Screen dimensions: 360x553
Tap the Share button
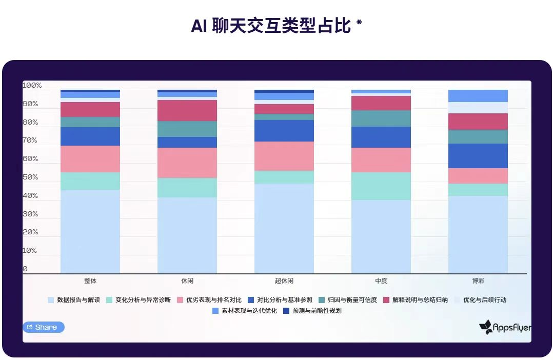tap(44, 327)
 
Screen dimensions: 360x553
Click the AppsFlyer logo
tap(505, 327)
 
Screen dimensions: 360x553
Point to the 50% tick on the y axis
tap(30, 177)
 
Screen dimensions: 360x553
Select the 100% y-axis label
tap(32, 86)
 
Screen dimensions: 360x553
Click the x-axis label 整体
tap(90, 281)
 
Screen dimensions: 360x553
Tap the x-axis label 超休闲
tap(284, 281)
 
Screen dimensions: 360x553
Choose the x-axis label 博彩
tap(478, 281)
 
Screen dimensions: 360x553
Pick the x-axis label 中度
tap(381, 281)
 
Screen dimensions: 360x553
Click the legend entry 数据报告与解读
tap(77, 300)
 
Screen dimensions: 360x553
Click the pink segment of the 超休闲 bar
tap(284, 156)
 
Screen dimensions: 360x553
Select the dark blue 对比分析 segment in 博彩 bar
tap(478, 156)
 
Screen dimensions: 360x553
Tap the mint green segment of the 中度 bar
tap(381, 186)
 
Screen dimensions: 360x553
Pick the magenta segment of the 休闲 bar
tap(187, 110)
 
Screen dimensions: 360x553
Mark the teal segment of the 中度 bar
tap(381, 118)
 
